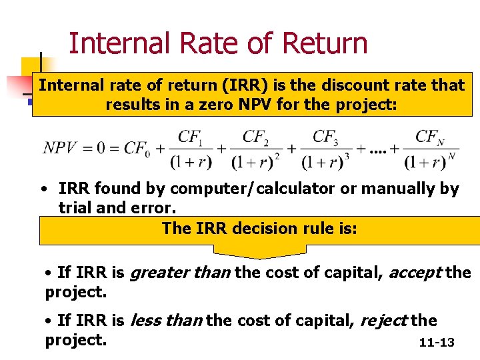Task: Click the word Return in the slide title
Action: click(x=325, y=43)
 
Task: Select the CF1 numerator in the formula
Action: click(x=190, y=137)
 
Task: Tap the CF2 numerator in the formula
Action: click(x=255, y=137)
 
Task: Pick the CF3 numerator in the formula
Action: click(x=325, y=137)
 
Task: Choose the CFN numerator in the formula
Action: click(x=429, y=137)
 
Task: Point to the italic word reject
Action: click(x=383, y=321)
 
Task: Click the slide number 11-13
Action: click(x=437, y=343)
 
